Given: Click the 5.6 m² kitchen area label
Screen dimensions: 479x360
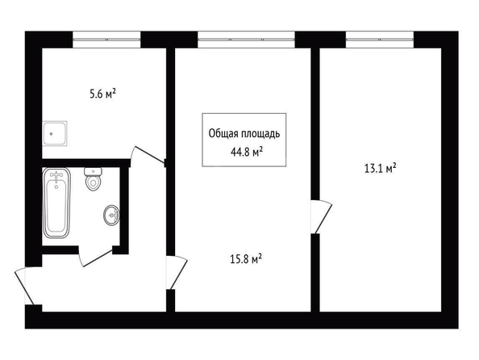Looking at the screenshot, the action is point(103,94).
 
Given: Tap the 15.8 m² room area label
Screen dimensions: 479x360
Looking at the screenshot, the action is point(246,259).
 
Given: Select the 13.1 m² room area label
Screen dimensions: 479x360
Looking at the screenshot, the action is point(381,168).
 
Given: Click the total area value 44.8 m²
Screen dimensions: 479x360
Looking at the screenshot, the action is point(247,152).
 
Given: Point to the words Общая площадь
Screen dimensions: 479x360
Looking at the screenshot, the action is point(244,134).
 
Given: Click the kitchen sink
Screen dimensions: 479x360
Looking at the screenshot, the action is point(55,133).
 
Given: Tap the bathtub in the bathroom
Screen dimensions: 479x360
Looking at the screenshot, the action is point(56,203).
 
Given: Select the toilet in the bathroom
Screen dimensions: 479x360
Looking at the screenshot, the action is point(93,179).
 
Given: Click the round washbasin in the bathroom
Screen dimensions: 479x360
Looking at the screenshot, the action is point(111,216).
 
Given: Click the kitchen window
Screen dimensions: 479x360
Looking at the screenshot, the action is point(106,40).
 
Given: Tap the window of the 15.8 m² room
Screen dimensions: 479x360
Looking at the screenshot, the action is point(246,40).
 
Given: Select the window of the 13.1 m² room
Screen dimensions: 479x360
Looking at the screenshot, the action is point(380,40).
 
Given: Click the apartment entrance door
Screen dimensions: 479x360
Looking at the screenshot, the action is point(25,287).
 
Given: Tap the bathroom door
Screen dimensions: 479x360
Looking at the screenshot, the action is point(96,256).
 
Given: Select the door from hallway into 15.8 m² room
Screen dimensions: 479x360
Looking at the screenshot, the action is point(177,273).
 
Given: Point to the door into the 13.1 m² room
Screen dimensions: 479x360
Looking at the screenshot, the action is point(322,217).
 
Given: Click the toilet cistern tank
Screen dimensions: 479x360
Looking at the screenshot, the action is point(93,172).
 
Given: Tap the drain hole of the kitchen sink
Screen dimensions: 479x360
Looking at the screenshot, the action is point(52,134).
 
